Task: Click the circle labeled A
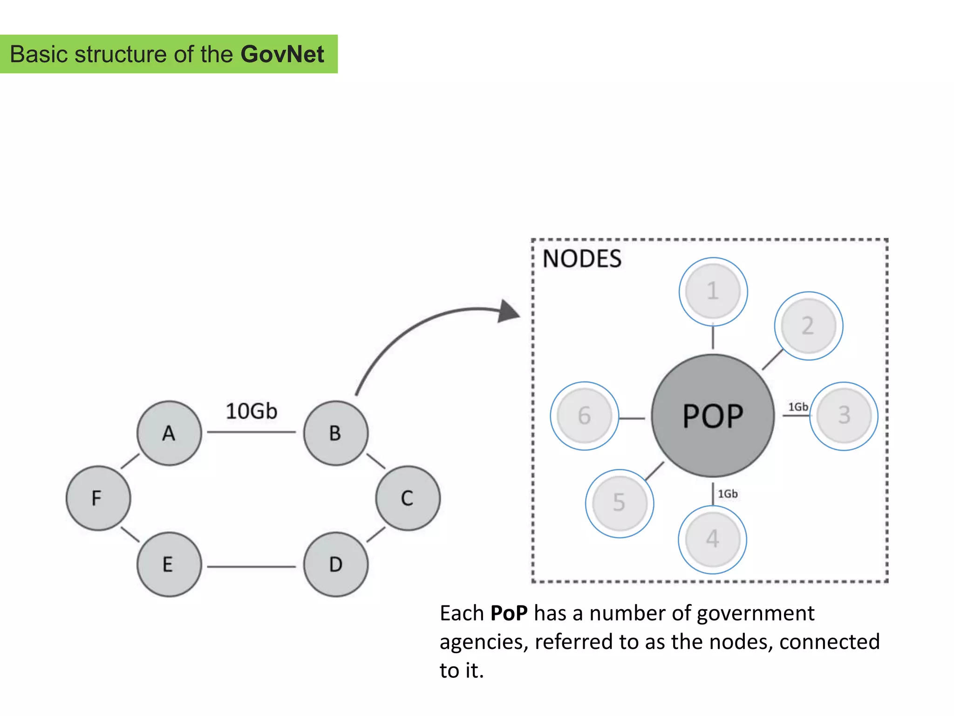click(169, 433)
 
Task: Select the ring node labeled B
click(335, 433)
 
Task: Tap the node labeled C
click(408, 498)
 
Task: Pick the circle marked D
click(335, 564)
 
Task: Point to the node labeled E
click(169, 564)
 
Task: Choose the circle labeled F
click(98, 498)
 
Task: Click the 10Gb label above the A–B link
click(251, 411)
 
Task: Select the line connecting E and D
click(252, 566)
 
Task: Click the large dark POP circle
click(713, 415)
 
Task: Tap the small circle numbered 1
click(713, 291)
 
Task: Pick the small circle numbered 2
click(808, 326)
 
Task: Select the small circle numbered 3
click(844, 415)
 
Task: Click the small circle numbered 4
click(712, 539)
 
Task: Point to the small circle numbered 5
click(619, 503)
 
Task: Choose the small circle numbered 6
click(584, 415)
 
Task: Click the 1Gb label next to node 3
click(797, 407)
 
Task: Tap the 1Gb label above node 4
click(727, 494)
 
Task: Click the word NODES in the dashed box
click(582, 259)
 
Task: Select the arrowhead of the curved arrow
click(509, 311)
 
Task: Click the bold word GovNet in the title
click(282, 54)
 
